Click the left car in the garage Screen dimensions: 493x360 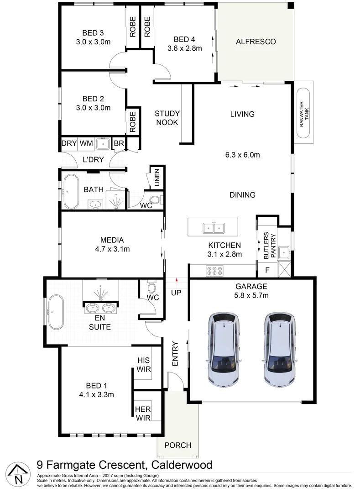coord(225,349)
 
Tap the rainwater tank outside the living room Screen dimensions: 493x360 coord(303,111)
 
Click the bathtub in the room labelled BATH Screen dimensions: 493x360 coord(70,190)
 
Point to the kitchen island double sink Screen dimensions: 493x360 coord(213,227)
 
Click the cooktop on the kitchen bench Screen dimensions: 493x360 coord(215,271)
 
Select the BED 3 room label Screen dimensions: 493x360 coord(93,33)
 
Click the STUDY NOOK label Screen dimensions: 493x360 coord(167,118)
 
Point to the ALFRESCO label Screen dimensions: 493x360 coord(256,42)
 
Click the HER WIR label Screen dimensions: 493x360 coord(142,413)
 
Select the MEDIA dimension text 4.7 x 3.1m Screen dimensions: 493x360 coord(112,249)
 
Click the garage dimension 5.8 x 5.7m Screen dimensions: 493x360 coord(251,295)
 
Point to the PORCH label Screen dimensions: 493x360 coord(178,445)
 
